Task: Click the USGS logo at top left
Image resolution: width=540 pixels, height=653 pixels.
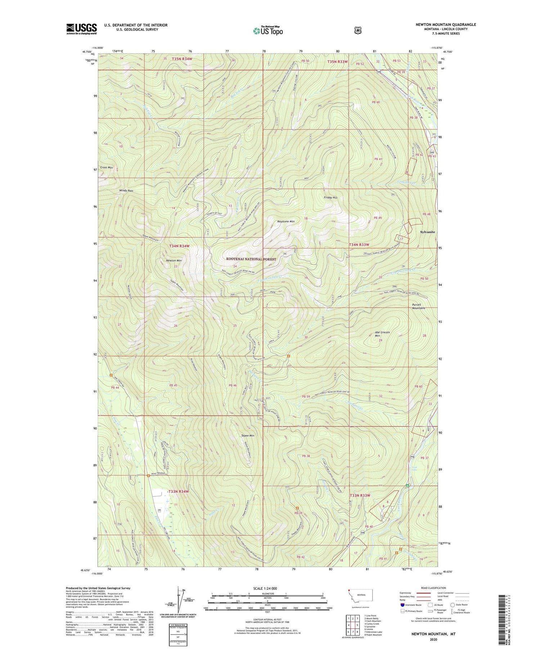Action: (x=81, y=29)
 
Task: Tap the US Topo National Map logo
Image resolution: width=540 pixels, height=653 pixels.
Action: (x=268, y=30)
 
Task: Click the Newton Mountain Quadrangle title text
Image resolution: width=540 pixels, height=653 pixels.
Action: (x=446, y=24)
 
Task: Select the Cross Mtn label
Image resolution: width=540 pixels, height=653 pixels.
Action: (x=106, y=167)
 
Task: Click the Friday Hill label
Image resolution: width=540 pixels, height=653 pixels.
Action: (x=330, y=198)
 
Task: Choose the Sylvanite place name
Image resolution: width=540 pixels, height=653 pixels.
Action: (x=428, y=232)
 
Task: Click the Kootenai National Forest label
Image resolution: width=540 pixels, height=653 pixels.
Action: (x=251, y=259)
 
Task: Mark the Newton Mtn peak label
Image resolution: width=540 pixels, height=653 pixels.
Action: (x=174, y=260)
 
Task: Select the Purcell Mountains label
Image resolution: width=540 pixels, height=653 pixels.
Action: (x=418, y=307)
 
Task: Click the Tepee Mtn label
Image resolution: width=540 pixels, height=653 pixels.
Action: (x=248, y=436)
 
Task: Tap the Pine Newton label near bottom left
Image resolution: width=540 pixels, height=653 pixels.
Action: (x=158, y=473)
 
